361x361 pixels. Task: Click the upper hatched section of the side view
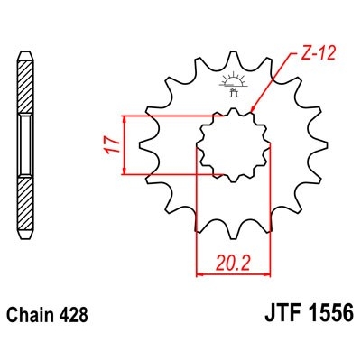pos(24,86)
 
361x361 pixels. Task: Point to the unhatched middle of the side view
pos(24,144)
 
